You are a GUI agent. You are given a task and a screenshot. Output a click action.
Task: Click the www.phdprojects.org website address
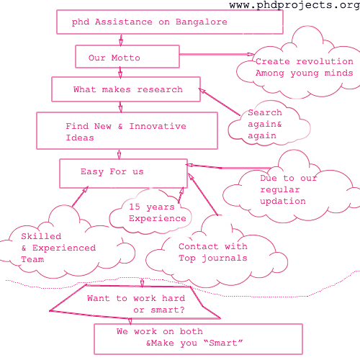click(x=294, y=5)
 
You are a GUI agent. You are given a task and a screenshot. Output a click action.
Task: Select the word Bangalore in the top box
click(x=202, y=22)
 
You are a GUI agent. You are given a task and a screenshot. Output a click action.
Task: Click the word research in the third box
click(x=160, y=89)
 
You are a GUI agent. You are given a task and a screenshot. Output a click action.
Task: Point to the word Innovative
click(x=158, y=126)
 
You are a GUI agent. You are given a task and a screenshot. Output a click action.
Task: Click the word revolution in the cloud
click(x=325, y=61)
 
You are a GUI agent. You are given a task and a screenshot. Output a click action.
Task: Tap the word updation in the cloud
click(x=283, y=202)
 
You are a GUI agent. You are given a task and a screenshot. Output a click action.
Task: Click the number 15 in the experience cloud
click(x=135, y=207)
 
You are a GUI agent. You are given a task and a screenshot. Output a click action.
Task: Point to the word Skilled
click(x=41, y=236)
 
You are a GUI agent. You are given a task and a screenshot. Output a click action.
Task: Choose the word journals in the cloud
click(x=225, y=258)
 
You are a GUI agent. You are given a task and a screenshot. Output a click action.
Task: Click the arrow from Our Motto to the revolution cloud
click(x=217, y=55)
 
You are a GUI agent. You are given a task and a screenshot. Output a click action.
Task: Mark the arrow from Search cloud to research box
click(x=220, y=102)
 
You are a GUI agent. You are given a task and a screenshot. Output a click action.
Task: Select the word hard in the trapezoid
click(x=174, y=298)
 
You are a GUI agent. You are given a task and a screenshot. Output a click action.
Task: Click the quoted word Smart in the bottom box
click(x=223, y=343)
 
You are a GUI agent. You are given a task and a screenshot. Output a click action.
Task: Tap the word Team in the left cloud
click(x=32, y=259)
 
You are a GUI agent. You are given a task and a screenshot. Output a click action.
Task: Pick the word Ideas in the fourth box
click(x=80, y=138)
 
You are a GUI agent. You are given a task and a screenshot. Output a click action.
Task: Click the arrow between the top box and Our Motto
click(x=121, y=40)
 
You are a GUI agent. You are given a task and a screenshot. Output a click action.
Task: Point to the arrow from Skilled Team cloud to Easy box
click(x=80, y=196)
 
